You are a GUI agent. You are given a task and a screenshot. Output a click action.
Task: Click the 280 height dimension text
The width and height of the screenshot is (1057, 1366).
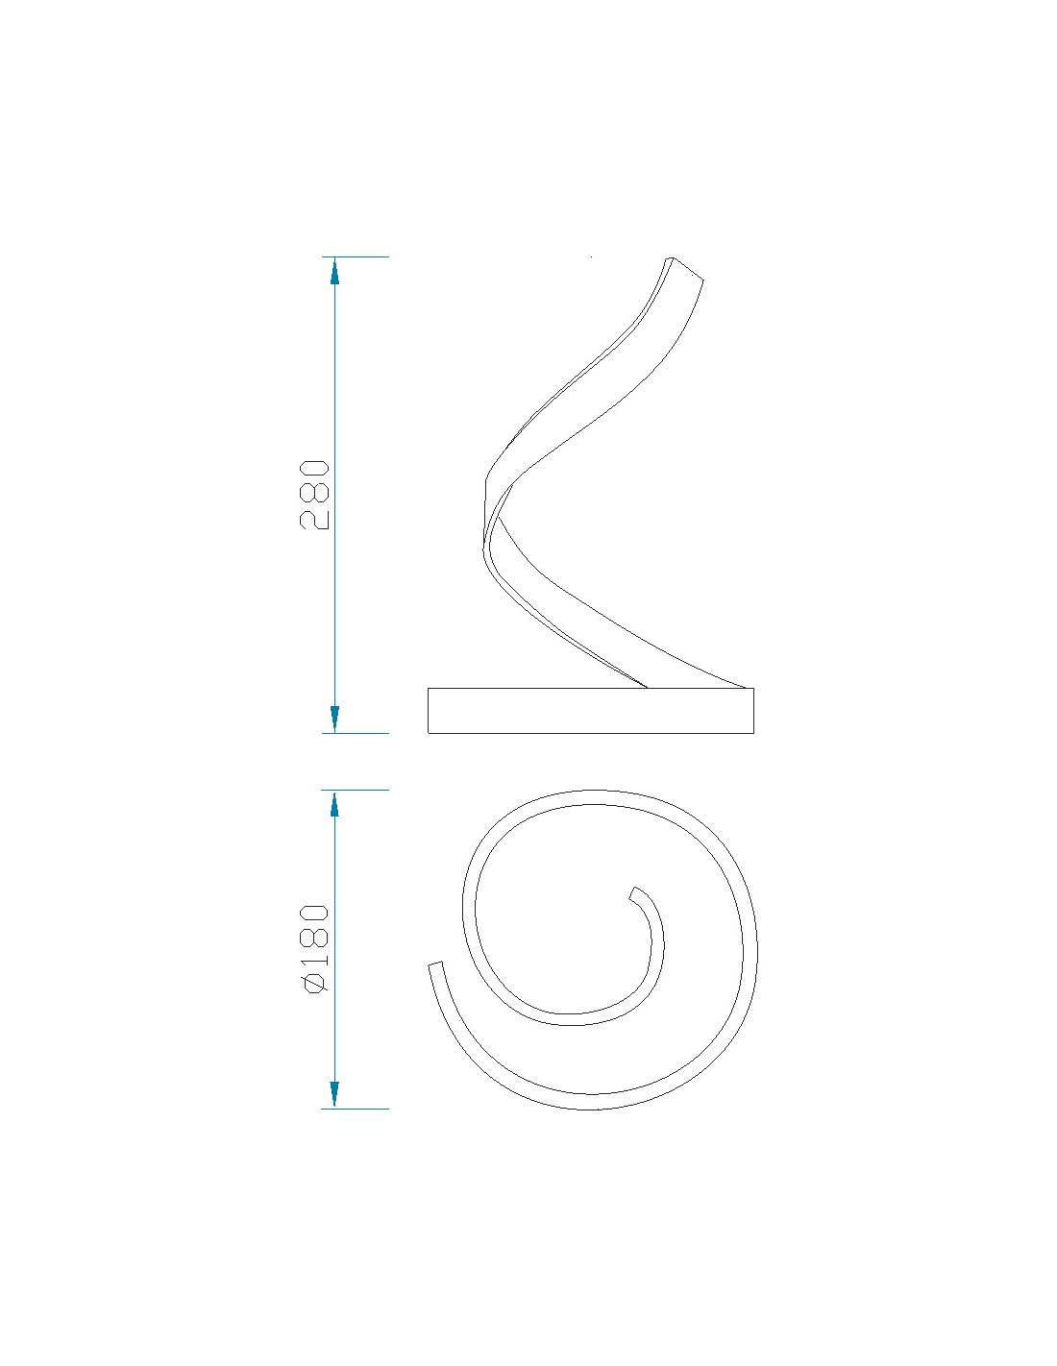314,495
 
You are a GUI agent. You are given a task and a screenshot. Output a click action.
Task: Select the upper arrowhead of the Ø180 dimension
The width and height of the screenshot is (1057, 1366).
334,803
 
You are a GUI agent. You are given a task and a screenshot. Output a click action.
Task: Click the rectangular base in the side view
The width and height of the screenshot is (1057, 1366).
590,710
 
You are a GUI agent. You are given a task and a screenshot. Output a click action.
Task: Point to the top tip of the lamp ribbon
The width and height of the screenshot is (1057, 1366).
670,257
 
